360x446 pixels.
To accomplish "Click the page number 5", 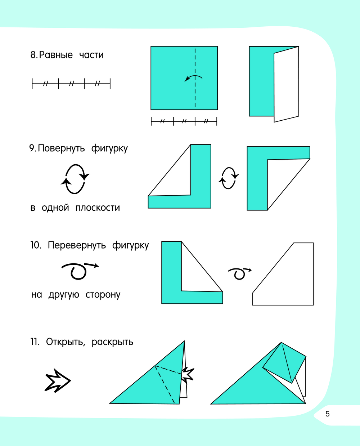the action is (x=327, y=414).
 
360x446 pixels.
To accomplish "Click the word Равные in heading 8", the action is (x=56, y=55).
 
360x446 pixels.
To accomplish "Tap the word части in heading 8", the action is (x=91, y=55).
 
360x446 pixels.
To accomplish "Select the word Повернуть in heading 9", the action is (x=61, y=148).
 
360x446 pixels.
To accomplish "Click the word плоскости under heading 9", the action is (x=98, y=208).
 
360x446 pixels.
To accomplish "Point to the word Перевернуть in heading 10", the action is (x=77, y=245).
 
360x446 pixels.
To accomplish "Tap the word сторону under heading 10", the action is (x=103, y=295).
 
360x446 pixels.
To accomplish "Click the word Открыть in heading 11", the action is (x=66, y=342).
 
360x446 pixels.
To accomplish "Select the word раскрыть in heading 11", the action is (x=112, y=342).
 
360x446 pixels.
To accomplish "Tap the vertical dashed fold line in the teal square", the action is (x=195, y=78).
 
